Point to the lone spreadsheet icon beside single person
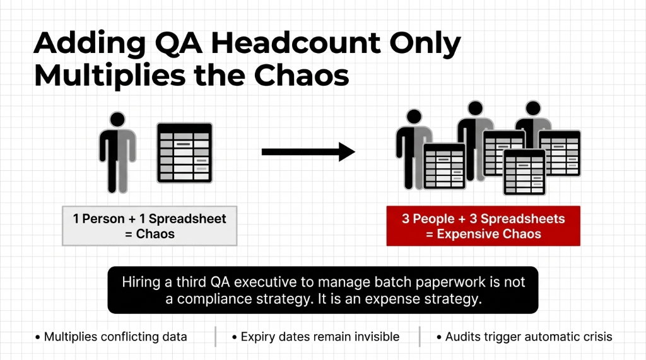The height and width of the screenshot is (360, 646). click(184, 153)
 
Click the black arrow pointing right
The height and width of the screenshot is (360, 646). click(308, 151)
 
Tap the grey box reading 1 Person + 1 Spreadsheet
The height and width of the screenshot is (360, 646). click(150, 226)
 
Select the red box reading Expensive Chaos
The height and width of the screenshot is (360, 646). click(483, 226)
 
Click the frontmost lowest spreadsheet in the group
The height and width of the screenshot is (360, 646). click(524, 171)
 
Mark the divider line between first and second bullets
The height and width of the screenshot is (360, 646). click(215, 337)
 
